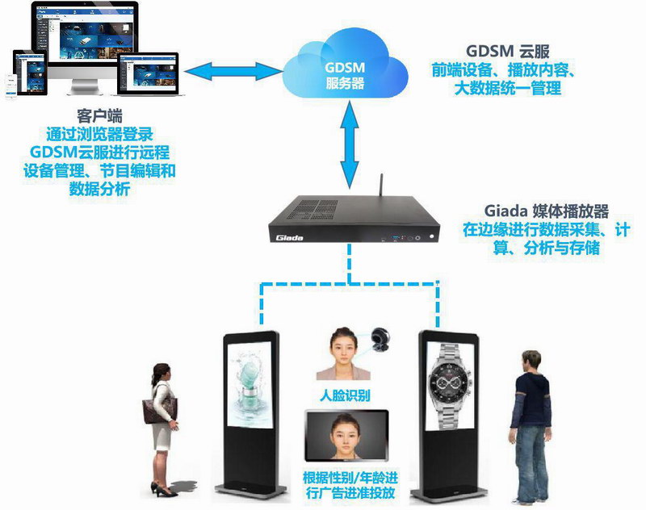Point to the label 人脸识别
pyautogui.click(x=345, y=395)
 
